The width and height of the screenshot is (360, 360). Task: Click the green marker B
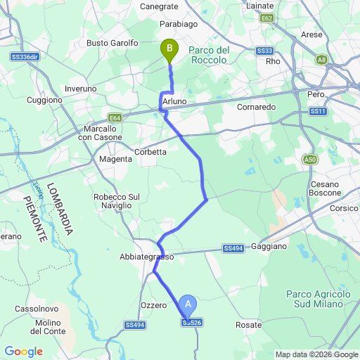(x=169, y=49)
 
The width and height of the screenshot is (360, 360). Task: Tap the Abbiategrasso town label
(x=147, y=257)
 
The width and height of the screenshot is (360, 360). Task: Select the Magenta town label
(x=115, y=160)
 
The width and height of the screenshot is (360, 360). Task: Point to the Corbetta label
(x=150, y=151)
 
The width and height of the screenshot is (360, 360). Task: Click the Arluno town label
(x=174, y=102)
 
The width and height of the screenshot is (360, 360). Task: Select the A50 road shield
(x=311, y=160)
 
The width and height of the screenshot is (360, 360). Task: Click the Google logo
(x=23, y=352)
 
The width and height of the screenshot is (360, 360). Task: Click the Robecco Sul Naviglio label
(x=113, y=201)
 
